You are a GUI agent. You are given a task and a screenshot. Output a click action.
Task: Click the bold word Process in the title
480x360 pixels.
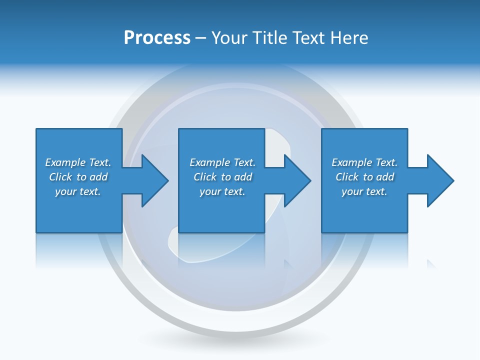pos(157,38)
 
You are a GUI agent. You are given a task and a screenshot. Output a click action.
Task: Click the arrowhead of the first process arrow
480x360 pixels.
pos(155,180)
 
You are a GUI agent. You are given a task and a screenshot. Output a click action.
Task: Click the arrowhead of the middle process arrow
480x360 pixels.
pos(297,180)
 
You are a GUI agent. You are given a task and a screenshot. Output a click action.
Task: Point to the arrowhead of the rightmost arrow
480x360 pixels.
pos(440,180)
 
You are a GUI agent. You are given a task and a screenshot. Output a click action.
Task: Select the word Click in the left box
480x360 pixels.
pos(60,177)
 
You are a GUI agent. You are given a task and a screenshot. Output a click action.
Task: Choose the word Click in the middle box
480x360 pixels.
pos(205,177)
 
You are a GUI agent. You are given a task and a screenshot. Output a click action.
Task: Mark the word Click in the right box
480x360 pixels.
pos(347,177)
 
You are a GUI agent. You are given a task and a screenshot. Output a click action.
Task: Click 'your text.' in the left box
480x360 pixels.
pos(78,191)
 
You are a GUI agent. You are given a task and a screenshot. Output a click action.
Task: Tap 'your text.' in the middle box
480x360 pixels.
pos(222,191)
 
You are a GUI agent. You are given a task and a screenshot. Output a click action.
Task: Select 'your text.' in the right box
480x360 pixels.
pos(364,191)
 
